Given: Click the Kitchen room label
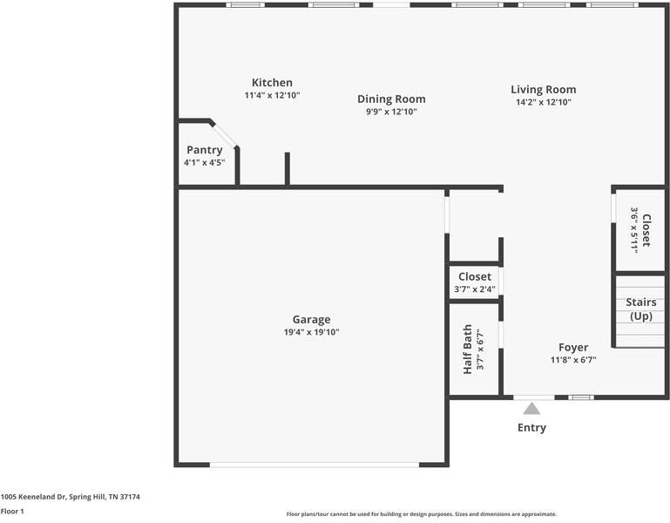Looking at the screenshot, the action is (x=272, y=83).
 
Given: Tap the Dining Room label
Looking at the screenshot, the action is (x=391, y=99).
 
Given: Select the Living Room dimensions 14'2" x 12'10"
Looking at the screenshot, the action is (x=544, y=102).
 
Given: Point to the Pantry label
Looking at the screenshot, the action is (x=205, y=150).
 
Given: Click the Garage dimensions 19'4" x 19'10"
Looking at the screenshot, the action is (x=312, y=332).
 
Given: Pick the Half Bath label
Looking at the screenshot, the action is (x=468, y=349).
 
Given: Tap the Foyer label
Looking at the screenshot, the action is (x=573, y=347).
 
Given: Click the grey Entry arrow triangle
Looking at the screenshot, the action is (x=531, y=409).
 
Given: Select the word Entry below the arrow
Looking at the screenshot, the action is (x=531, y=428).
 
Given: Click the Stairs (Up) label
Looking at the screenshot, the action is (x=641, y=309).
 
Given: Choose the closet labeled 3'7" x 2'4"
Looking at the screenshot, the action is (x=475, y=282).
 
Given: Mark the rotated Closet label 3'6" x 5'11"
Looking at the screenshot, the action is (x=641, y=230).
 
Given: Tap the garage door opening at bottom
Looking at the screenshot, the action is (x=315, y=465).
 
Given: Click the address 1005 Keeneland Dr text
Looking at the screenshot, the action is (x=70, y=497).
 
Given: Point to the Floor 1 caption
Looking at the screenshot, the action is (x=12, y=512).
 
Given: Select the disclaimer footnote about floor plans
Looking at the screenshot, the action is (x=422, y=514).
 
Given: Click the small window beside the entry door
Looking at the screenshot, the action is (x=581, y=397).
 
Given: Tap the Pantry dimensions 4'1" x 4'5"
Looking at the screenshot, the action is (x=205, y=162).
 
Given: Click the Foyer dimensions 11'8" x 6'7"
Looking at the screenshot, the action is (x=573, y=360).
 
